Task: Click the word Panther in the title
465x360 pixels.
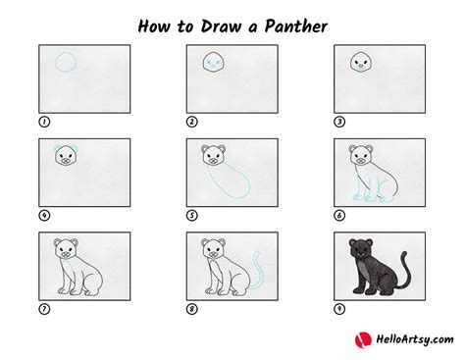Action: tap(295, 26)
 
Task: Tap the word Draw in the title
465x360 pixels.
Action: tap(221, 26)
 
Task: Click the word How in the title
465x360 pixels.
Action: tap(154, 26)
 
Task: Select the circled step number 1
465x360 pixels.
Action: tap(44, 122)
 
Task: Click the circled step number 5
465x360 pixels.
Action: tap(192, 216)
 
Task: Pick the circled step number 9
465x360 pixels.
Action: tap(339, 309)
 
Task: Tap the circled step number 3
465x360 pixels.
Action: tap(339, 122)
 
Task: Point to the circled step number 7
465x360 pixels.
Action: tap(44, 309)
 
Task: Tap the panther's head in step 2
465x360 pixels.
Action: tap(214, 62)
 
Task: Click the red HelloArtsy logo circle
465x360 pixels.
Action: tap(363, 340)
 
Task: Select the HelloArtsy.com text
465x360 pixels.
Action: tap(415, 339)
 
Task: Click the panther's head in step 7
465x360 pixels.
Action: tap(66, 250)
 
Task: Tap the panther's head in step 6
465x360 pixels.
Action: tap(361, 156)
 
